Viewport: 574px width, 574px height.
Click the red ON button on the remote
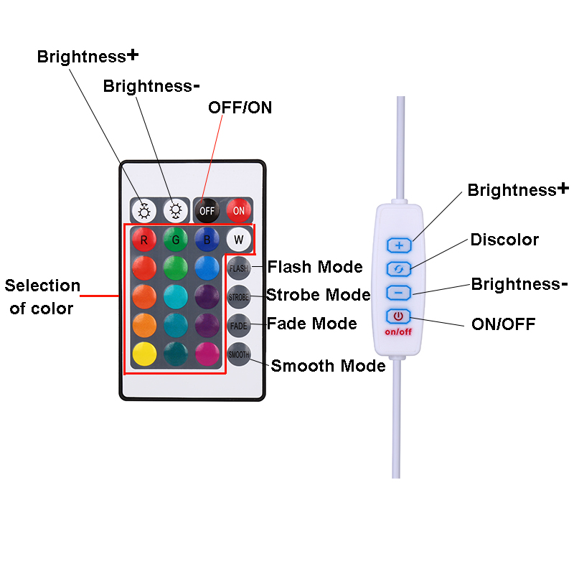pyautogui.click(x=239, y=210)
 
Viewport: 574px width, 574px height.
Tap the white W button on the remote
pyautogui.click(x=239, y=239)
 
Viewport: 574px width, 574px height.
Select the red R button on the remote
pyautogui.click(x=144, y=239)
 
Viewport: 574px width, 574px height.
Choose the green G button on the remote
pyautogui.click(x=175, y=239)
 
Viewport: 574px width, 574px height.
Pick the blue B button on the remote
pyautogui.click(x=207, y=239)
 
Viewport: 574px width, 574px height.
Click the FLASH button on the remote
pyautogui.click(x=239, y=268)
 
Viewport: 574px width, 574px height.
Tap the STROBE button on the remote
pyautogui.click(x=239, y=296)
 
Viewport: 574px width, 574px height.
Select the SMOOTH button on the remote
pyautogui.click(x=239, y=354)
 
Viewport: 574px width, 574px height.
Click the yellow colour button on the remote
pyautogui.click(x=144, y=354)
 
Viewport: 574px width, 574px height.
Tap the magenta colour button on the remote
pyautogui.click(x=207, y=354)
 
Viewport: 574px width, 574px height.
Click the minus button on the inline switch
pyautogui.click(x=400, y=293)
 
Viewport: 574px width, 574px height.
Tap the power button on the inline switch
pyautogui.click(x=399, y=316)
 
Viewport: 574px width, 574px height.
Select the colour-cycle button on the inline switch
pyautogui.click(x=400, y=269)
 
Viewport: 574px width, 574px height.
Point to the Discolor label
pyautogui.click(x=504, y=240)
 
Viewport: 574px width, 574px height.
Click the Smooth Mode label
pyautogui.click(x=328, y=366)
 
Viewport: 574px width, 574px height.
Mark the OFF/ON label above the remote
pyautogui.click(x=240, y=108)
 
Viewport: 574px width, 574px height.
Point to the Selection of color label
pyautogui.click(x=42, y=297)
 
